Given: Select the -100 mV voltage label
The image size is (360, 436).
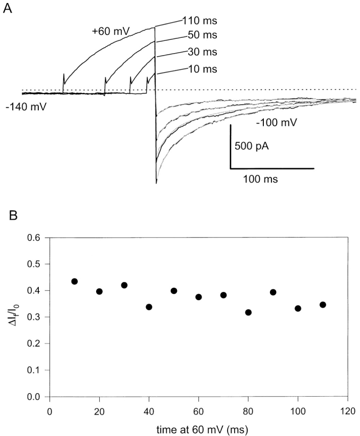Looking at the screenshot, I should click(276, 123).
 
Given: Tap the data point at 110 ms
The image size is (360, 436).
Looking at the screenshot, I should click(323, 305).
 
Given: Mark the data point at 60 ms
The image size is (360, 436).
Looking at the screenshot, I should click(198, 297).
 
